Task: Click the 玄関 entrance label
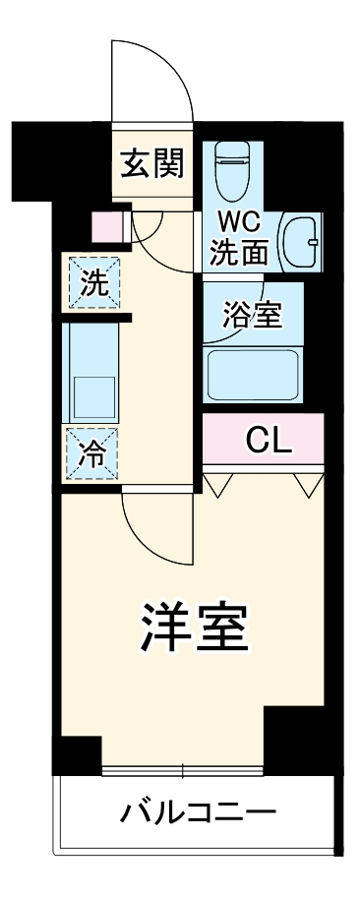[152, 165]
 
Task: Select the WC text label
[237, 223]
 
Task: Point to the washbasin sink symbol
[301, 241]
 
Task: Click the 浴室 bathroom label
[251, 316]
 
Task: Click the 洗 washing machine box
[93, 283]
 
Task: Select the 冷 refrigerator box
[92, 453]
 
